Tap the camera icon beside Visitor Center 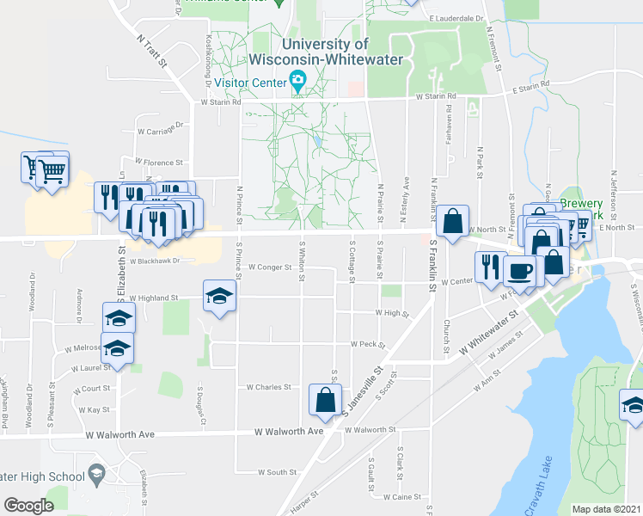tap(297, 83)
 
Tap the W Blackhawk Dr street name tap(156, 260)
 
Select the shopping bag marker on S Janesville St tap(326, 400)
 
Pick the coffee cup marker tap(519, 273)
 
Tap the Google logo tap(28, 506)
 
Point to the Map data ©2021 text tap(607, 509)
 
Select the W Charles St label tap(268, 387)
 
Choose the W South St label tap(279, 471)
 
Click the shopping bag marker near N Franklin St tap(452, 222)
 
